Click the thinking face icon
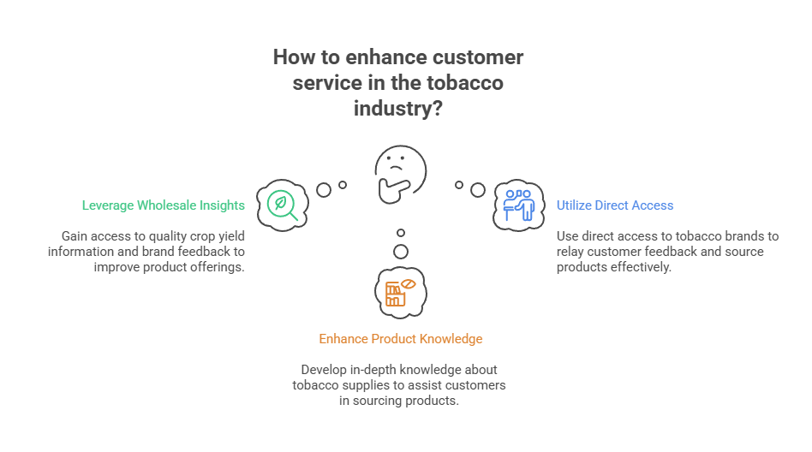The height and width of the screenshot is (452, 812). click(x=400, y=171)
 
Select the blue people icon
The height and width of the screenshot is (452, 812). click(x=519, y=205)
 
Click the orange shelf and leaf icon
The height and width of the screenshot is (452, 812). click(x=400, y=292)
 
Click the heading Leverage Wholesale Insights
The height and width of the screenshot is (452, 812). click(x=164, y=205)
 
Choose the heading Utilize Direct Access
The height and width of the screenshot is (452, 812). click(x=615, y=205)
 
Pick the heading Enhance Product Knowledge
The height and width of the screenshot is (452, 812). click(x=401, y=339)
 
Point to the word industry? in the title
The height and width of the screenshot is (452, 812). click(x=399, y=109)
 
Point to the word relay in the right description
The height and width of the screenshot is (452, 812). click(x=571, y=252)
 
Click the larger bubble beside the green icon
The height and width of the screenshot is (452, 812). click(x=324, y=190)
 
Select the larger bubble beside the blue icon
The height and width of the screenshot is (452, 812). click(x=478, y=189)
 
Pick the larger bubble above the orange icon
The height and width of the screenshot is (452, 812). click(x=400, y=252)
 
